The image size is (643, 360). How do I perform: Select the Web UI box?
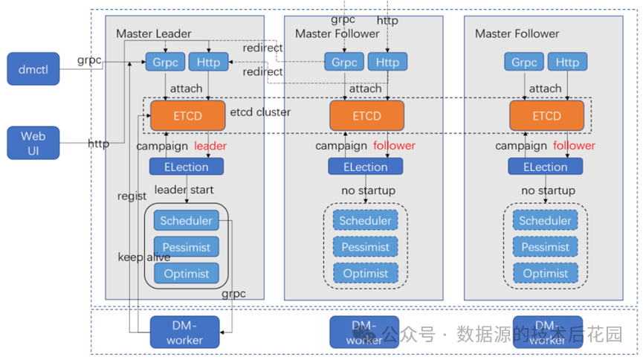coord(33,143)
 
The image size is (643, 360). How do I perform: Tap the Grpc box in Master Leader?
coord(164,62)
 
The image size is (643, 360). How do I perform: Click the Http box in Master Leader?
coord(209,62)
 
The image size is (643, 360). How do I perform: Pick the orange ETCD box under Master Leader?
coord(187,115)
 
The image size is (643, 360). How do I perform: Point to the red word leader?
coord(210,146)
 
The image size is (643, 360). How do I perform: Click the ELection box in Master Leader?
coord(186,167)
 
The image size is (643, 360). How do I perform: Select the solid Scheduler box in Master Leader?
coord(187,220)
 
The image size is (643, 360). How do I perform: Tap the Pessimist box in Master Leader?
coord(187,247)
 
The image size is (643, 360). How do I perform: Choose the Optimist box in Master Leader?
coord(187,273)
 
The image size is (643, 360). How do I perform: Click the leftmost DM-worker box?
coord(184,332)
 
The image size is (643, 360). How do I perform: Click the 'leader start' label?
coord(184,190)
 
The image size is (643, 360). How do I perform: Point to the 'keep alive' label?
coord(144,257)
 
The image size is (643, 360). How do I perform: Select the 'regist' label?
coord(132,196)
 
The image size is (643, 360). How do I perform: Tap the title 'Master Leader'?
coord(153,33)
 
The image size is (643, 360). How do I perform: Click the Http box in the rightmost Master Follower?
coord(567,62)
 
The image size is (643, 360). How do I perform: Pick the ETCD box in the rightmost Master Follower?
coord(546,115)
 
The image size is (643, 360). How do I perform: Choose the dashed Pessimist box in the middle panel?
coord(366,247)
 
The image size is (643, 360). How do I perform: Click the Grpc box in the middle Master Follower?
coord(344,62)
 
